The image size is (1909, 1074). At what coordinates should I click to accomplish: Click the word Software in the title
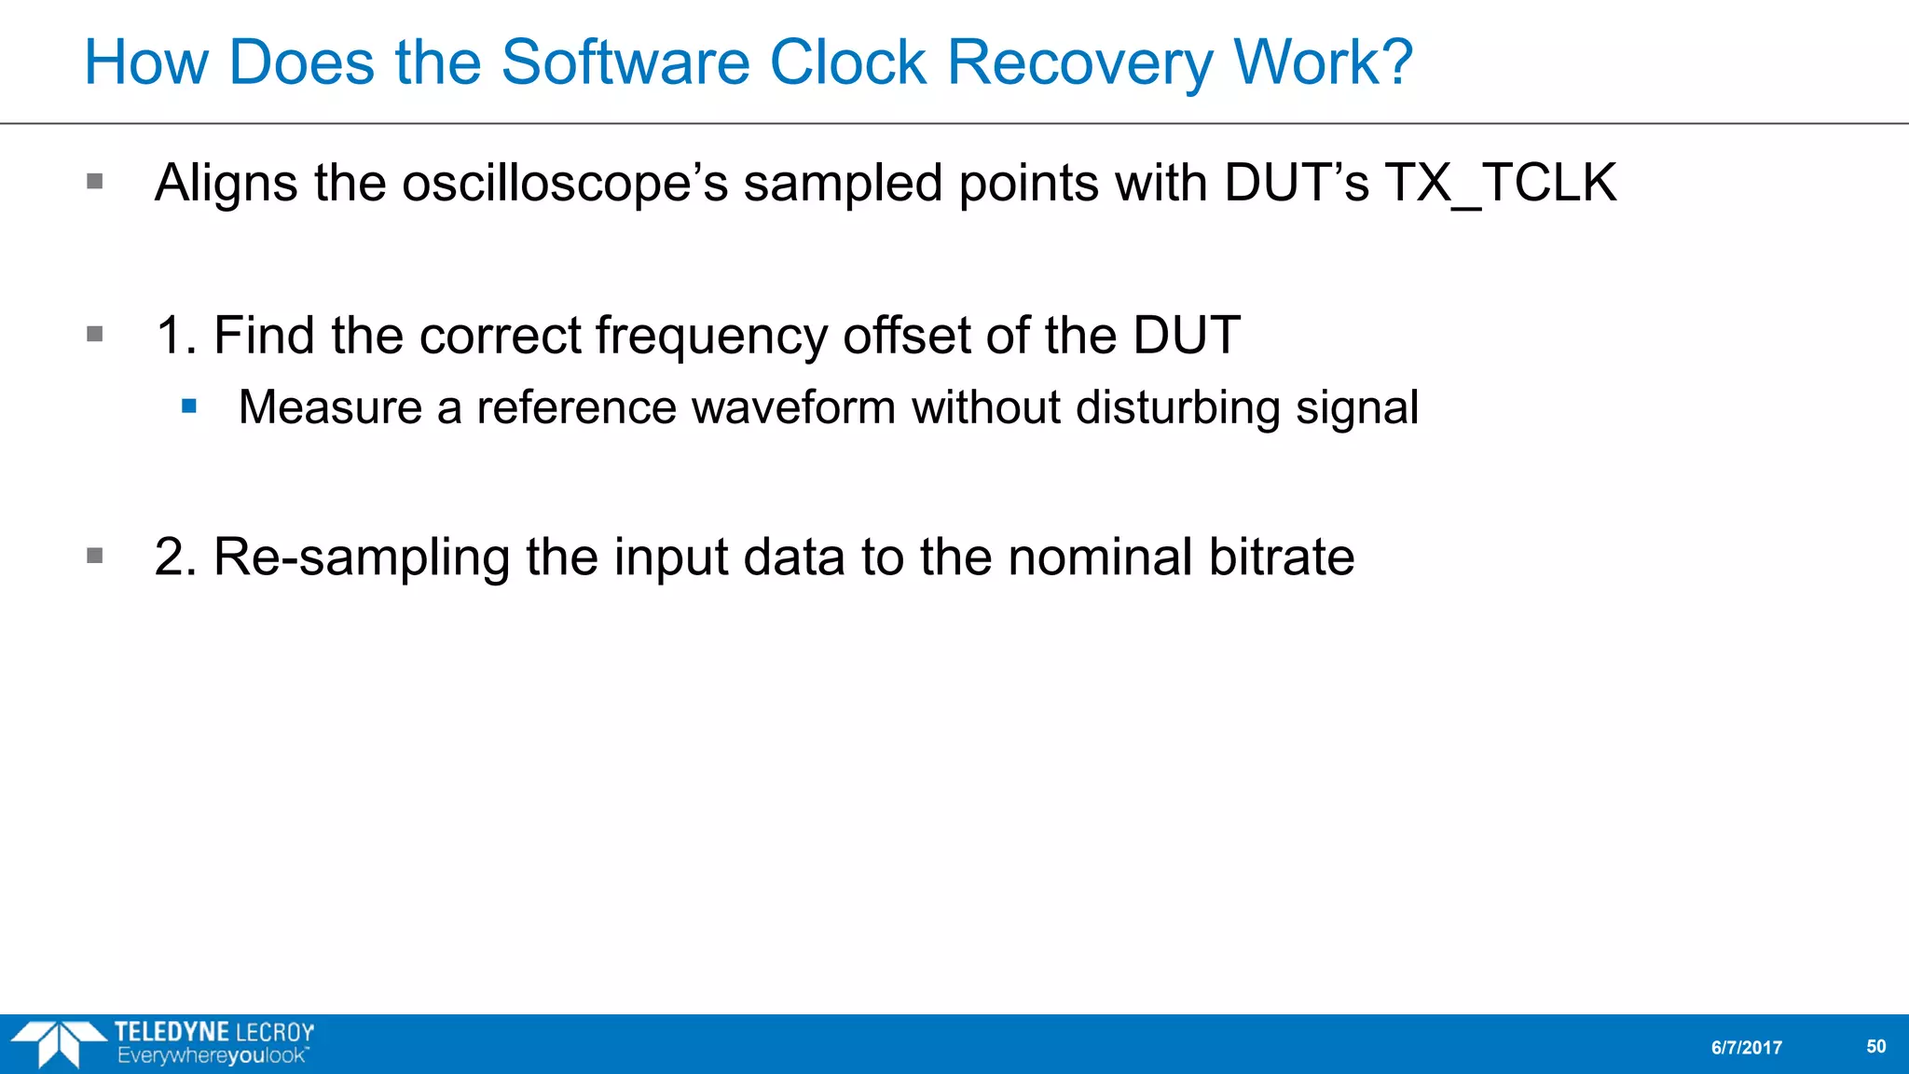coord(625,63)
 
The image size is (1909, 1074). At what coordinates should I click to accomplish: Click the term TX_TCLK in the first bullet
coord(1500,183)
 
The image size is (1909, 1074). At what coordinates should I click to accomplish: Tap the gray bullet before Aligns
coord(95,181)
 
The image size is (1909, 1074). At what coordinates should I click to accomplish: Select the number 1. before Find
coord(175,336)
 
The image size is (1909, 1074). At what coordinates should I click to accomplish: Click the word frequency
coord(711,336)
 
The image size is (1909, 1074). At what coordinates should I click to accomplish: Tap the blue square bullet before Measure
coord(190,406)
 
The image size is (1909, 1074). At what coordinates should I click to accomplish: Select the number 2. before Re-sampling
coord(175,558)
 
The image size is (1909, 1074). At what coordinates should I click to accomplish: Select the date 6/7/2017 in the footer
coord(1746,1048)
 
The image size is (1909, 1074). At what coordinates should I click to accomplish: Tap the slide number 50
coord(1875,1047)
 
